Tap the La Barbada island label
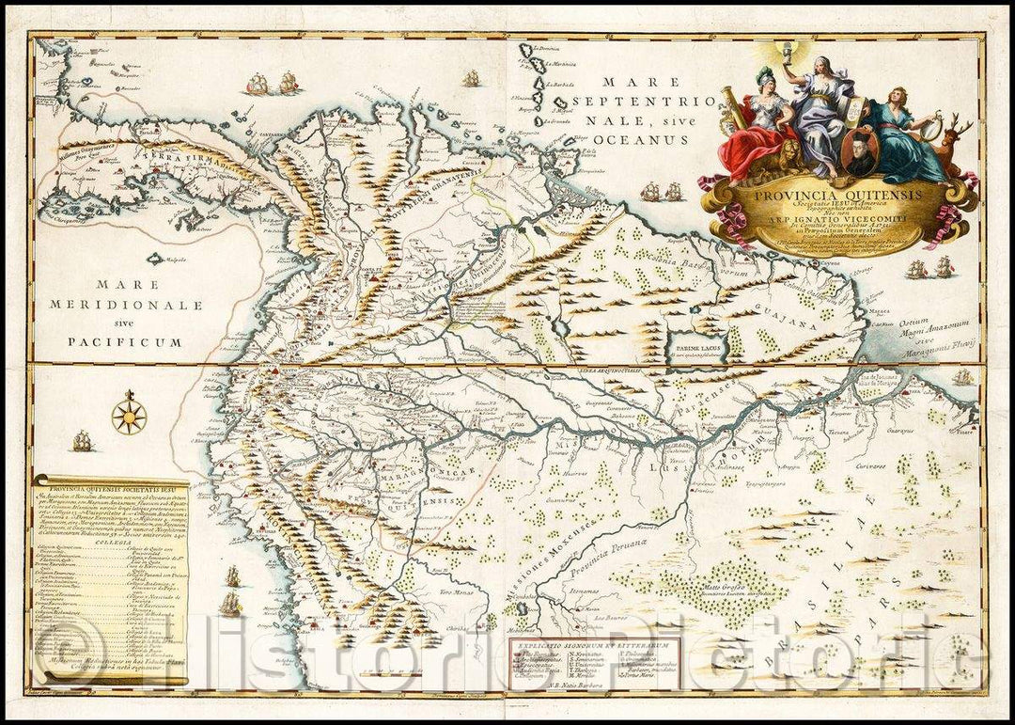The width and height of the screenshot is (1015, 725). point(561,84)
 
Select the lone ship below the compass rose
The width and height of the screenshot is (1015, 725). point(83,440)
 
